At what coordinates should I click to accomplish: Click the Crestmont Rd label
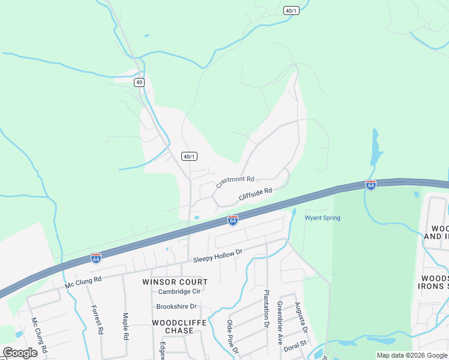[235, 179]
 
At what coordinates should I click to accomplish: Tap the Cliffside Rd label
[255, 194]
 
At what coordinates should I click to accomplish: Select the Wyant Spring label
[322, 218]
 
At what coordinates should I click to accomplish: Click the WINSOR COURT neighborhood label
[175, 282]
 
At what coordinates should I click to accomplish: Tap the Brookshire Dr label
[176, 306]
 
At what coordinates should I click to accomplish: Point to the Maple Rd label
[125, 326]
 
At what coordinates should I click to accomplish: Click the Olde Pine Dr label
[232, 336]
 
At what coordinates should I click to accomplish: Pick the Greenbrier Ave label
[279, 323]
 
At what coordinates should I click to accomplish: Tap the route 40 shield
[139, 82]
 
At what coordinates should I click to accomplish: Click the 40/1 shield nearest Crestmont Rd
[189, 157]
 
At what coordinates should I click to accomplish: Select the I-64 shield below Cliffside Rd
[232, 221]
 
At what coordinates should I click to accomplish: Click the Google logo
[20, 353]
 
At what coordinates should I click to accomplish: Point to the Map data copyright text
[411, 355]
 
